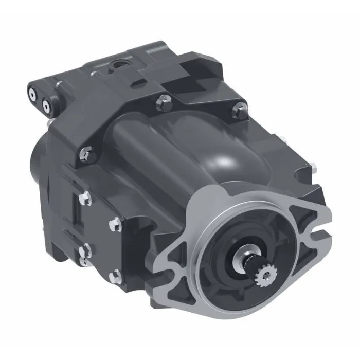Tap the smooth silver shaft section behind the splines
[x=245, y=262]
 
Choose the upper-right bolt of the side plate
[x=116, y=223]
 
